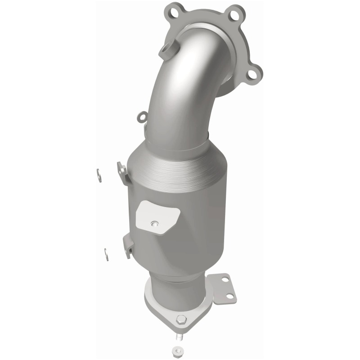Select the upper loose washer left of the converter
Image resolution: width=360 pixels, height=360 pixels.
pyautogui.click(x=99, y=175)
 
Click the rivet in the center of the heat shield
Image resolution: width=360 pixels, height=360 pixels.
pyautogui.click(x=155, y=222)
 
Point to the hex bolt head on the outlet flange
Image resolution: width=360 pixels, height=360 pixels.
pyautogui.click(x=181, y=320)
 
